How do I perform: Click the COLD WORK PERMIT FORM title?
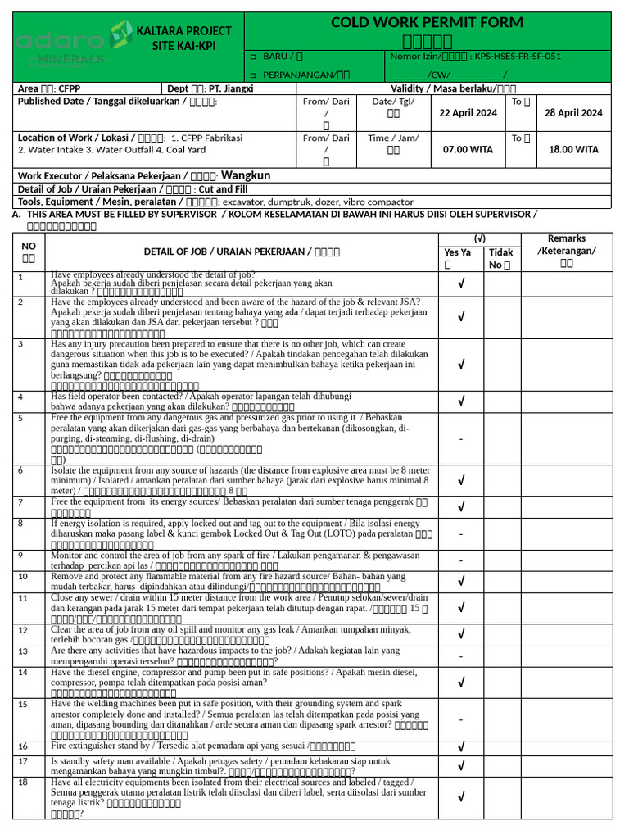(428, 22)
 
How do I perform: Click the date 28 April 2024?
(573, 113)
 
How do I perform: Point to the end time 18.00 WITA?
(573, 150)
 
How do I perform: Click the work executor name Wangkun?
(246, 175)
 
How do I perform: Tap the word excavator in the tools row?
(244, 202)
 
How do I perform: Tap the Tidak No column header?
(501, 259)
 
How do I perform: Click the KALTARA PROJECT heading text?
(183, 31)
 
